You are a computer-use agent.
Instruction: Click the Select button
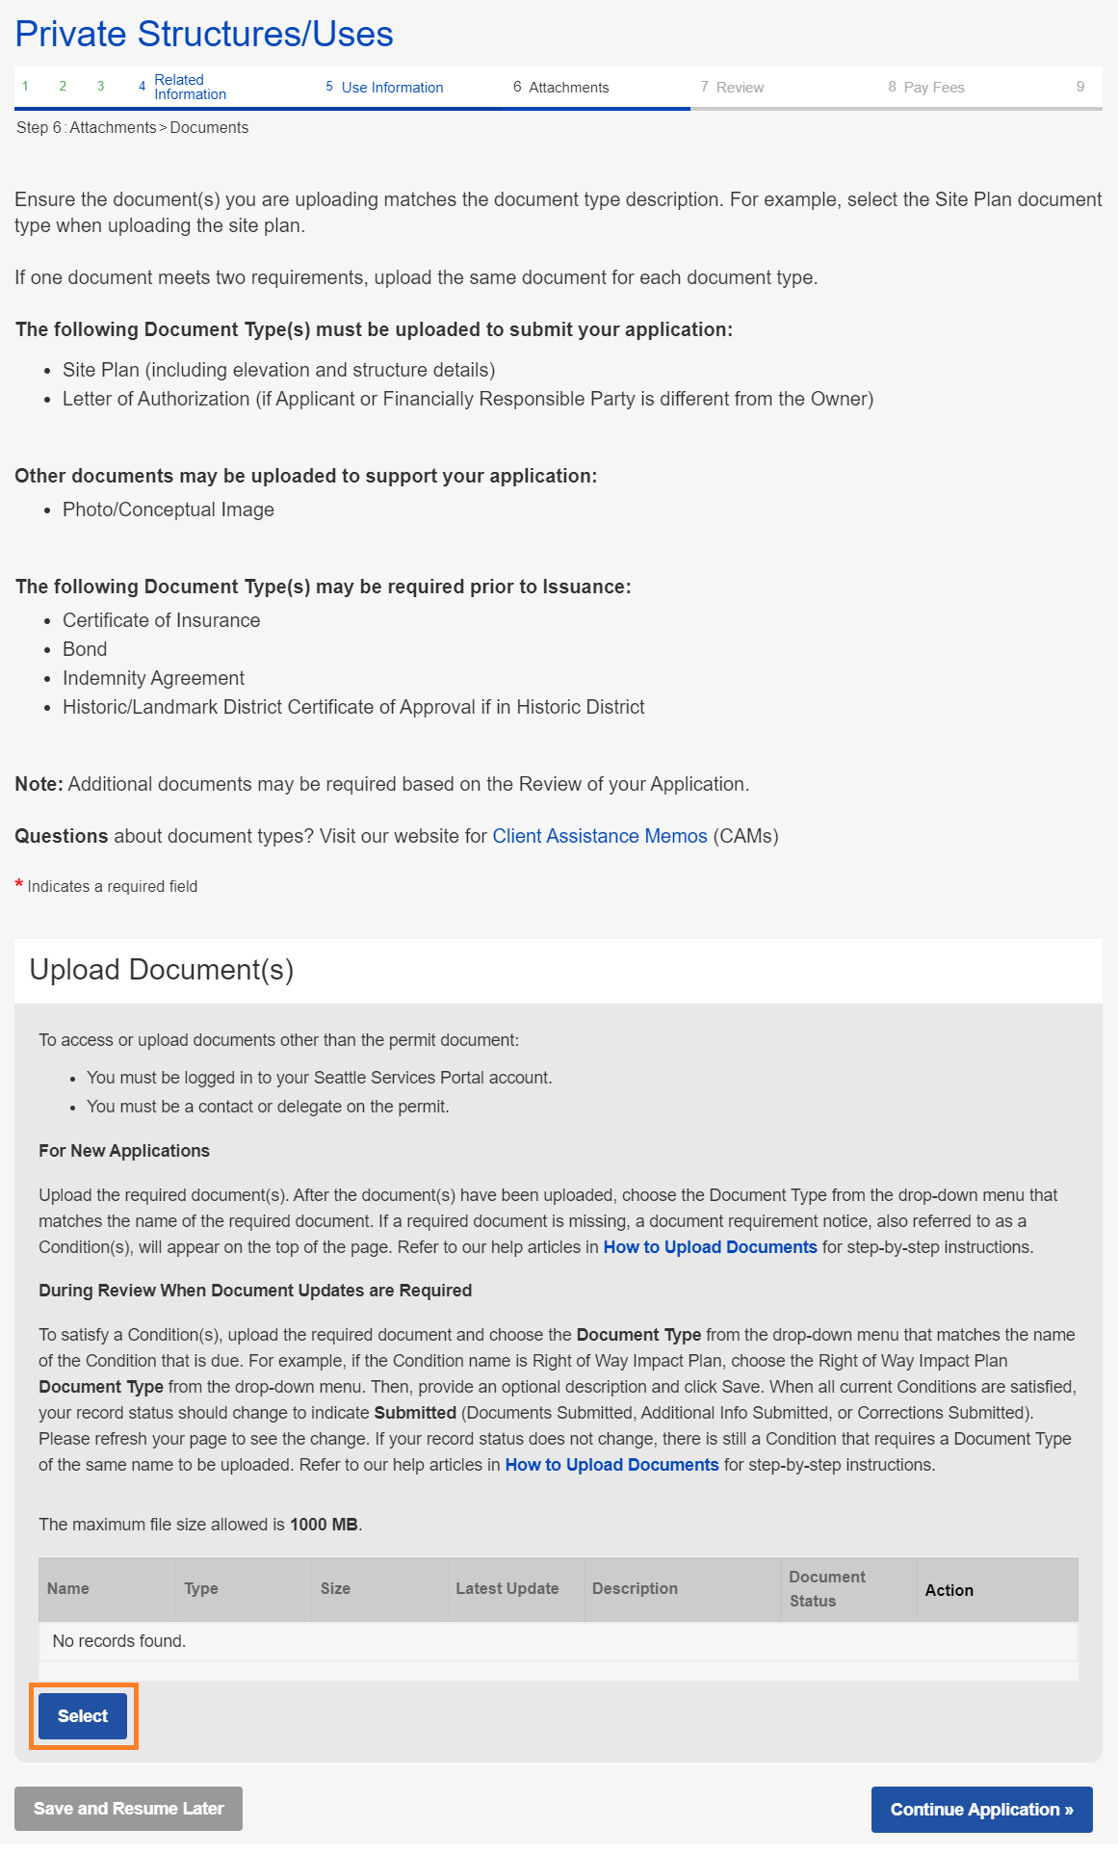coord(83,1716)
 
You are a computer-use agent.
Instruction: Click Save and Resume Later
coord(128,1809)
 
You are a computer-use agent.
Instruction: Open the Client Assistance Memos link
coord(600,836)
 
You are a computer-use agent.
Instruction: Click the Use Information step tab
coord(392,88)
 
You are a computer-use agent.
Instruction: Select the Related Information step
coord(190,88)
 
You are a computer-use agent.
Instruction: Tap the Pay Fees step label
coord(933,88)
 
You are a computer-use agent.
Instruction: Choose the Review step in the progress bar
coord(740,88)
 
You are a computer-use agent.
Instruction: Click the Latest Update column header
coord(507,1589)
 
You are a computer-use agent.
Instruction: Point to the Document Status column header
coord(826,1589)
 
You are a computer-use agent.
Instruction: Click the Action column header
coord(949,1591)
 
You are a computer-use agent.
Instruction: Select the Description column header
coord(635,1589)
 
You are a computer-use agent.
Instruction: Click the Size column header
coord(335,1589)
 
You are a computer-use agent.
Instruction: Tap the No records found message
coord(119,1641)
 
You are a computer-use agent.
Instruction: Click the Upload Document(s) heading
coord(162,970)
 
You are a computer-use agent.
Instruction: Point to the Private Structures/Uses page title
coord(204,35)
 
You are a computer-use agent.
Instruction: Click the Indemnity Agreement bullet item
coord(153,678)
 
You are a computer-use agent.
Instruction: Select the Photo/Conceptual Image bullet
coord(169,509)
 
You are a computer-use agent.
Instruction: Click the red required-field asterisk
coord(19,884)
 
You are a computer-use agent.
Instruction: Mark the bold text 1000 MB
coord(325,1525)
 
